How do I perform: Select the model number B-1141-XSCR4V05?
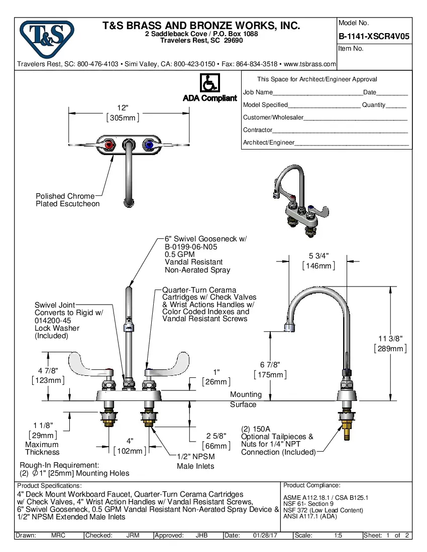coord(374,36)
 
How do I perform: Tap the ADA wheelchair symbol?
coord(209,83)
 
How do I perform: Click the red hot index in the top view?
coord(110,146)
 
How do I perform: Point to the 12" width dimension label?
coord(123,108)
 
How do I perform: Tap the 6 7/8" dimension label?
coord(270,365)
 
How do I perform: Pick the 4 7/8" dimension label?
coord(48,370)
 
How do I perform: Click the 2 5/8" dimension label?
coord(216,436)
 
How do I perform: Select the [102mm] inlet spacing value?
coord(130,451)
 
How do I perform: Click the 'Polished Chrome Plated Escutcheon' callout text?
coord(67,200)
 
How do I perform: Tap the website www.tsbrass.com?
coord(310,64)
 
